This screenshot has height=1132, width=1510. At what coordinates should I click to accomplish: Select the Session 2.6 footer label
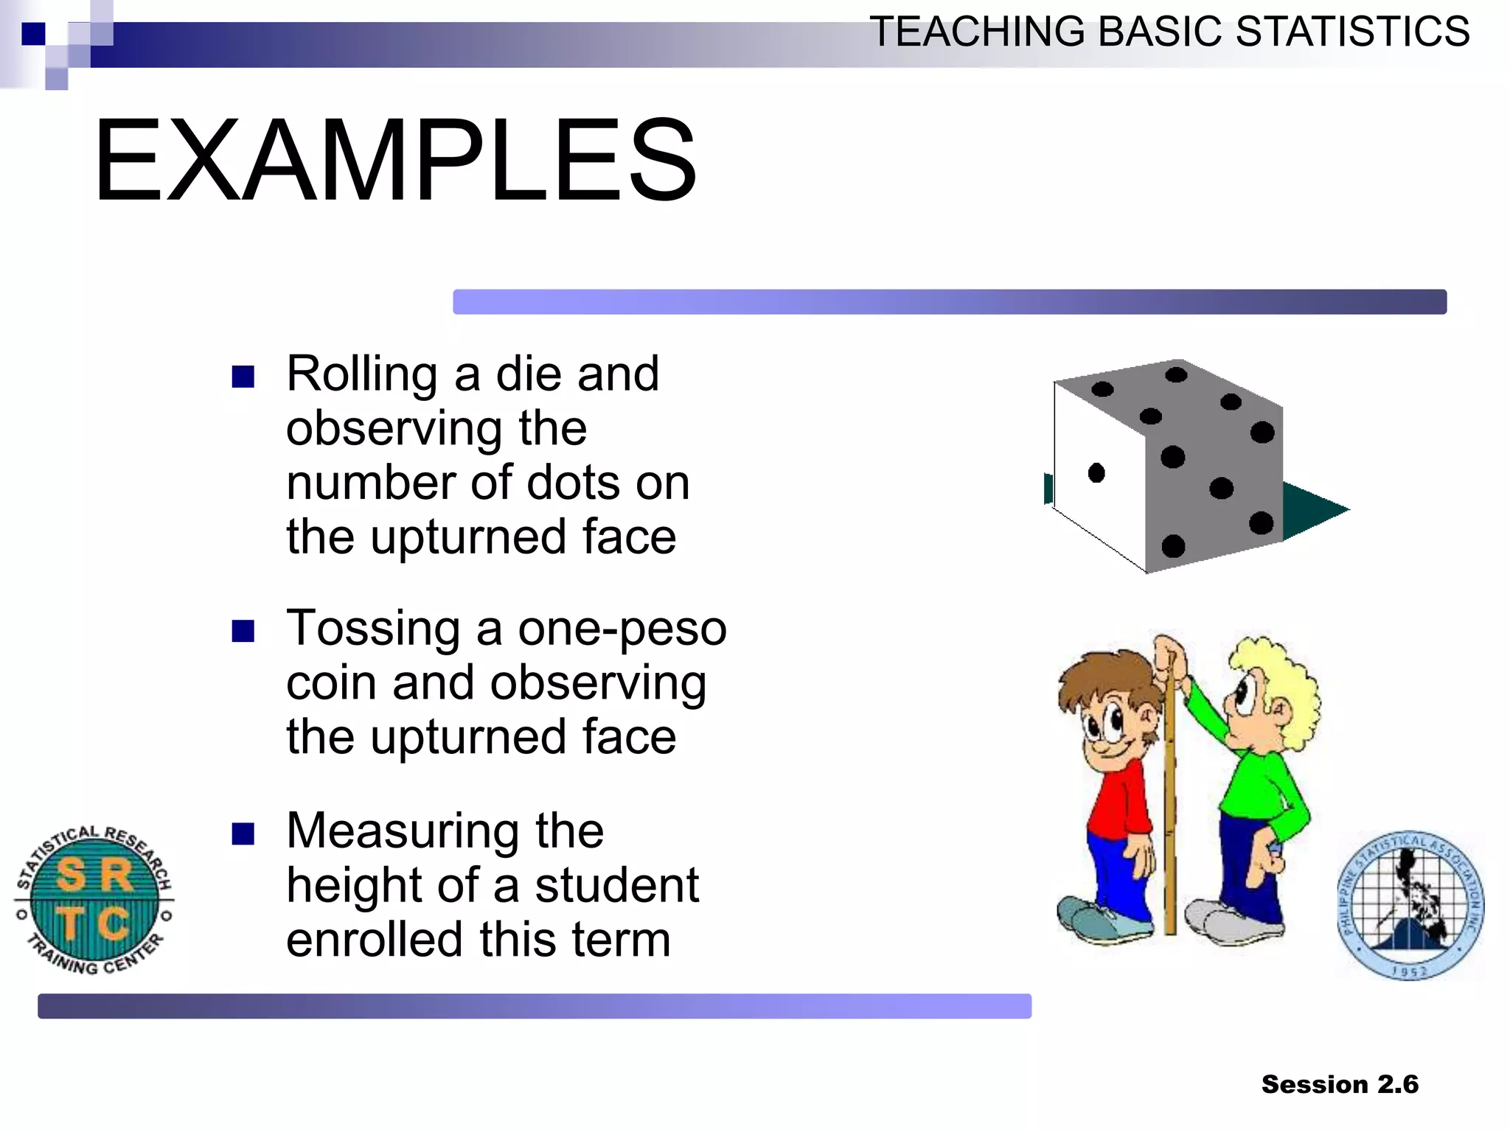pos(1340,1084)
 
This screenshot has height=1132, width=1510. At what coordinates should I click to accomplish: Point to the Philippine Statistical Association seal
pos(1410,906)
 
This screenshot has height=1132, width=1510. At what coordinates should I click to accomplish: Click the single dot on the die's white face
pos(1096,472)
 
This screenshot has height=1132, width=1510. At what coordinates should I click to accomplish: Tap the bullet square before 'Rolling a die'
pos(243,377)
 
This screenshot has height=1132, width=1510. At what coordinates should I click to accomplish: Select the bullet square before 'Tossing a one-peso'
pos(243,631)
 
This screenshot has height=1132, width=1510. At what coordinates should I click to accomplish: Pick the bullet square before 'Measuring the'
pos(243,834)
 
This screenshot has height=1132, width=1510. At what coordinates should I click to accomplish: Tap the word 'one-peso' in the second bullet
pos(622,629)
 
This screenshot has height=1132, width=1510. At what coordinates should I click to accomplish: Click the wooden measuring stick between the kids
pos(1170,811)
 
